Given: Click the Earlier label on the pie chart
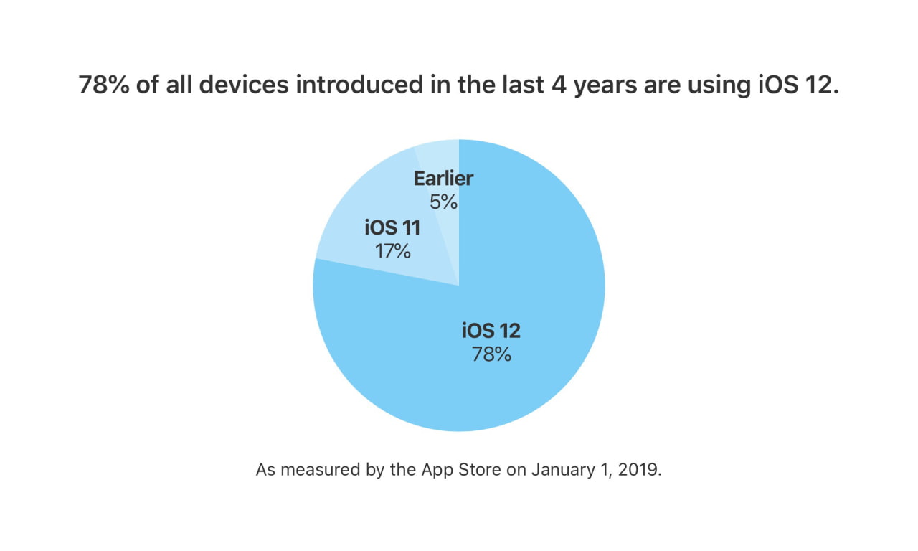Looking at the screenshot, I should (x=443, y=179).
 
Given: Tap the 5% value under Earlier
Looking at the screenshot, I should (x=443, y=202).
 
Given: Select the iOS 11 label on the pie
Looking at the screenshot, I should (x=392, y=228).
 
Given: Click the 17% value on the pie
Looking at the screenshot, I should (x=392, y=251).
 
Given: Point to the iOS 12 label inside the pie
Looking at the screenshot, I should (x=491, y=331).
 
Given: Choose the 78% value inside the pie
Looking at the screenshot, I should (x=491, y=354).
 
